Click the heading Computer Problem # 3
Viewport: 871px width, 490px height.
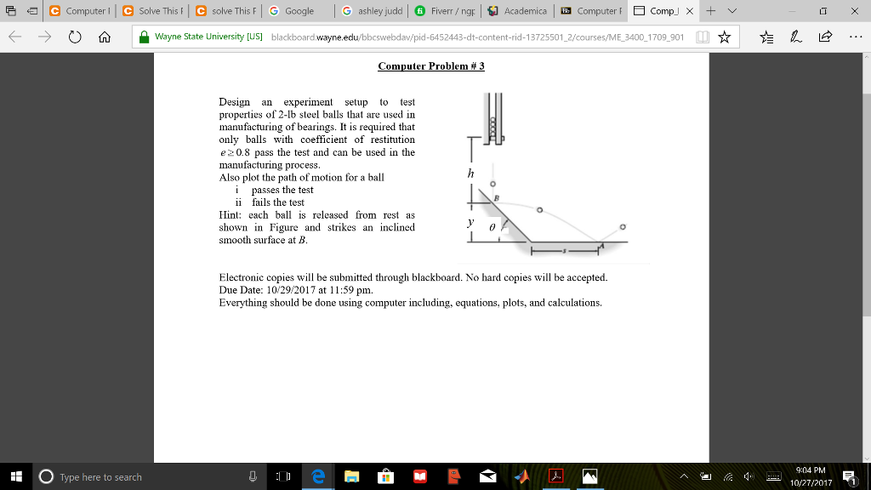pos(430,66)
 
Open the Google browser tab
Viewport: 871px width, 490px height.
pos(293,11)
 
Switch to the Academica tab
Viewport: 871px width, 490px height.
pos(518,11)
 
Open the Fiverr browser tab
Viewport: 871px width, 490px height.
pos(446,11)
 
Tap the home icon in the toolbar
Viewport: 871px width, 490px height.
pos(103,37)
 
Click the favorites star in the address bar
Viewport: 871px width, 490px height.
pos(724,37)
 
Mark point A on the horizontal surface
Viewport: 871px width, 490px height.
pos(601,245)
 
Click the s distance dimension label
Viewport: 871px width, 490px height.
pos(564,252)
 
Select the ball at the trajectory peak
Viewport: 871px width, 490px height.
pos(539,208)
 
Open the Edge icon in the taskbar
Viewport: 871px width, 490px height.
pos(316,476)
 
